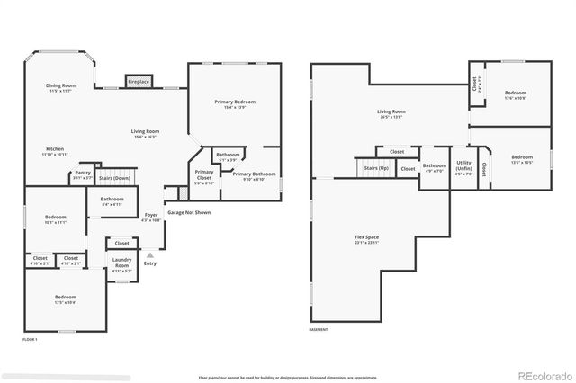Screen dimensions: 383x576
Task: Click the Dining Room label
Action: [x=61, y=87]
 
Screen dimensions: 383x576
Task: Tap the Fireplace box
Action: [x=139, y=82]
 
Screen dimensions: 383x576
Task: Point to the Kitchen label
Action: [x=56, y=151]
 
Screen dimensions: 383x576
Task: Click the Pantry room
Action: [x=83, y=174]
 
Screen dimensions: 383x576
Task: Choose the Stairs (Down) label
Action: [x=112, y=178]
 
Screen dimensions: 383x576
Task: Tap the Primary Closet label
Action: [x=204, y=174]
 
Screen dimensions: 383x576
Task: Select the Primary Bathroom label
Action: [x=254, y=175]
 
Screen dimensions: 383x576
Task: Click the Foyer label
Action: [x=152, y=217]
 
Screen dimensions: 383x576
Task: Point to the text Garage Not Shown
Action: [x=189, y=213]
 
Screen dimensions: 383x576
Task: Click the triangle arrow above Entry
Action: [x=149, y=255]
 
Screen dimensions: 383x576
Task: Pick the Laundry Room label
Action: [x=121, y=263]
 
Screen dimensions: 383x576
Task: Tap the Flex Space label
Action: [x=366, y=240]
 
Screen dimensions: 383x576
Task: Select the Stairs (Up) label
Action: [x=376, y=169]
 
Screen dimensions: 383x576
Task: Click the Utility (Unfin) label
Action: [x=463, y=166]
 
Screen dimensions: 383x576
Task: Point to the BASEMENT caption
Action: [x=319, y=330]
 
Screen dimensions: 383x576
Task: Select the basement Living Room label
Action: [x=391, y=114]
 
